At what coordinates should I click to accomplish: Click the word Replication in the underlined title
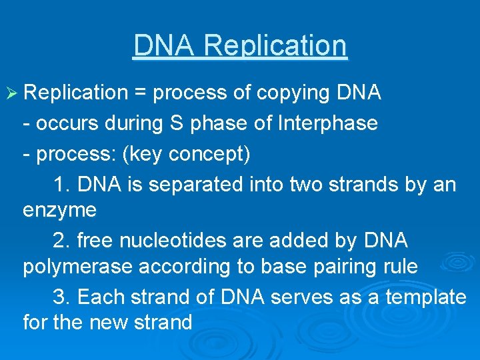tap(275, 46)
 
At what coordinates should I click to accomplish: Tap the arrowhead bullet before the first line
tap(11, 93)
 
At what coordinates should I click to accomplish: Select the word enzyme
tap(59, 210)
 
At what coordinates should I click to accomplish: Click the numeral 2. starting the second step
tap(60, 239)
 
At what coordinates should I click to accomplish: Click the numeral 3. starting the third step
tap(60, 297)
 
